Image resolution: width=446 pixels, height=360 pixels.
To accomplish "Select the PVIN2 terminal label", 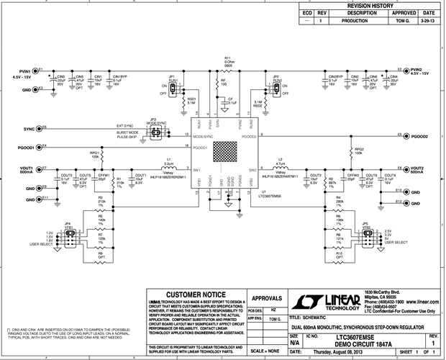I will [x=419, y=71].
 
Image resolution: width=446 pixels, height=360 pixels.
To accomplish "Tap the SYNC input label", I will [x=29, y=129].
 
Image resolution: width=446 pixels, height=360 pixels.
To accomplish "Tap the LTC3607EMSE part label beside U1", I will [x=271, y=195].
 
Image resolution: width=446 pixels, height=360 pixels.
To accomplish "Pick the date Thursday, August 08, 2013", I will [x=339, y=353].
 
